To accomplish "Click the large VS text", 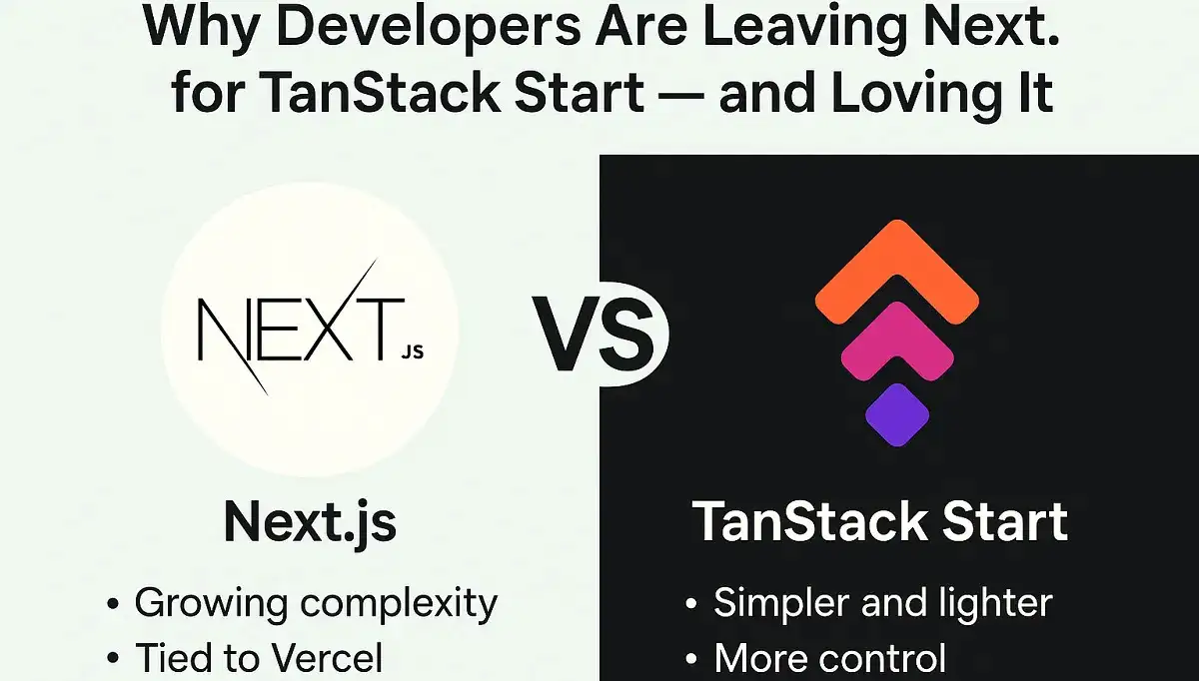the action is coord(594,334).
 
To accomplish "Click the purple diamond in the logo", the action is coord(897,415).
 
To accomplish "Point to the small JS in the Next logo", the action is coord(412,352).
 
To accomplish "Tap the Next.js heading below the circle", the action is coord(310,522).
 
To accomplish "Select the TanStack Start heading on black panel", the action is coord(880,521).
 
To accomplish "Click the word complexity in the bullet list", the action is coord(399,604).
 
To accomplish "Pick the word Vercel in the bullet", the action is coord(327,657).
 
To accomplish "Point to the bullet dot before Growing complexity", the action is coord(113,604).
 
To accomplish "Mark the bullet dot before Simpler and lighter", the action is coord(691,604).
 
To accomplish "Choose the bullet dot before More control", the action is coord(691,658).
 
